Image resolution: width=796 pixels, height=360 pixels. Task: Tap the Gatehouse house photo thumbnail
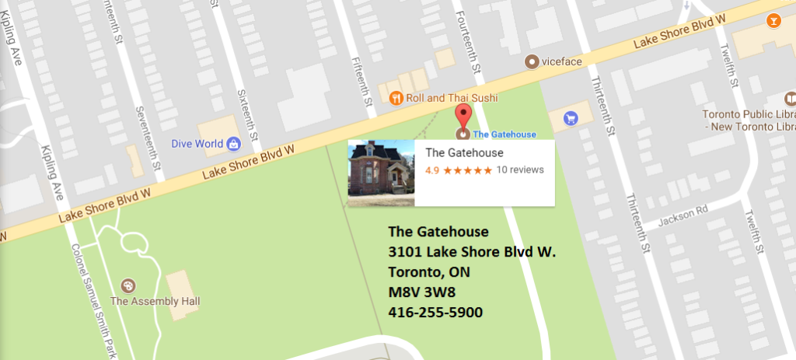381,173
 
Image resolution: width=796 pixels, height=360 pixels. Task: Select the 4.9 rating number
431,170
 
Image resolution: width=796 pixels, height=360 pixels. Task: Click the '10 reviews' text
520,170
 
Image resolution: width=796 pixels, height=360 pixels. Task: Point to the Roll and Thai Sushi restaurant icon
396,98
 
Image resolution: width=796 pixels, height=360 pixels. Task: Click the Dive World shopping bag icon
233,143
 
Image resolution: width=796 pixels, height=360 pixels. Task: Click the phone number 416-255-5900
435,312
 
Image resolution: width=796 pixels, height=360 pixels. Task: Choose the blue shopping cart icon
571,118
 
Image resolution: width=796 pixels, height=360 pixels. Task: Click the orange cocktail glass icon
773,20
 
